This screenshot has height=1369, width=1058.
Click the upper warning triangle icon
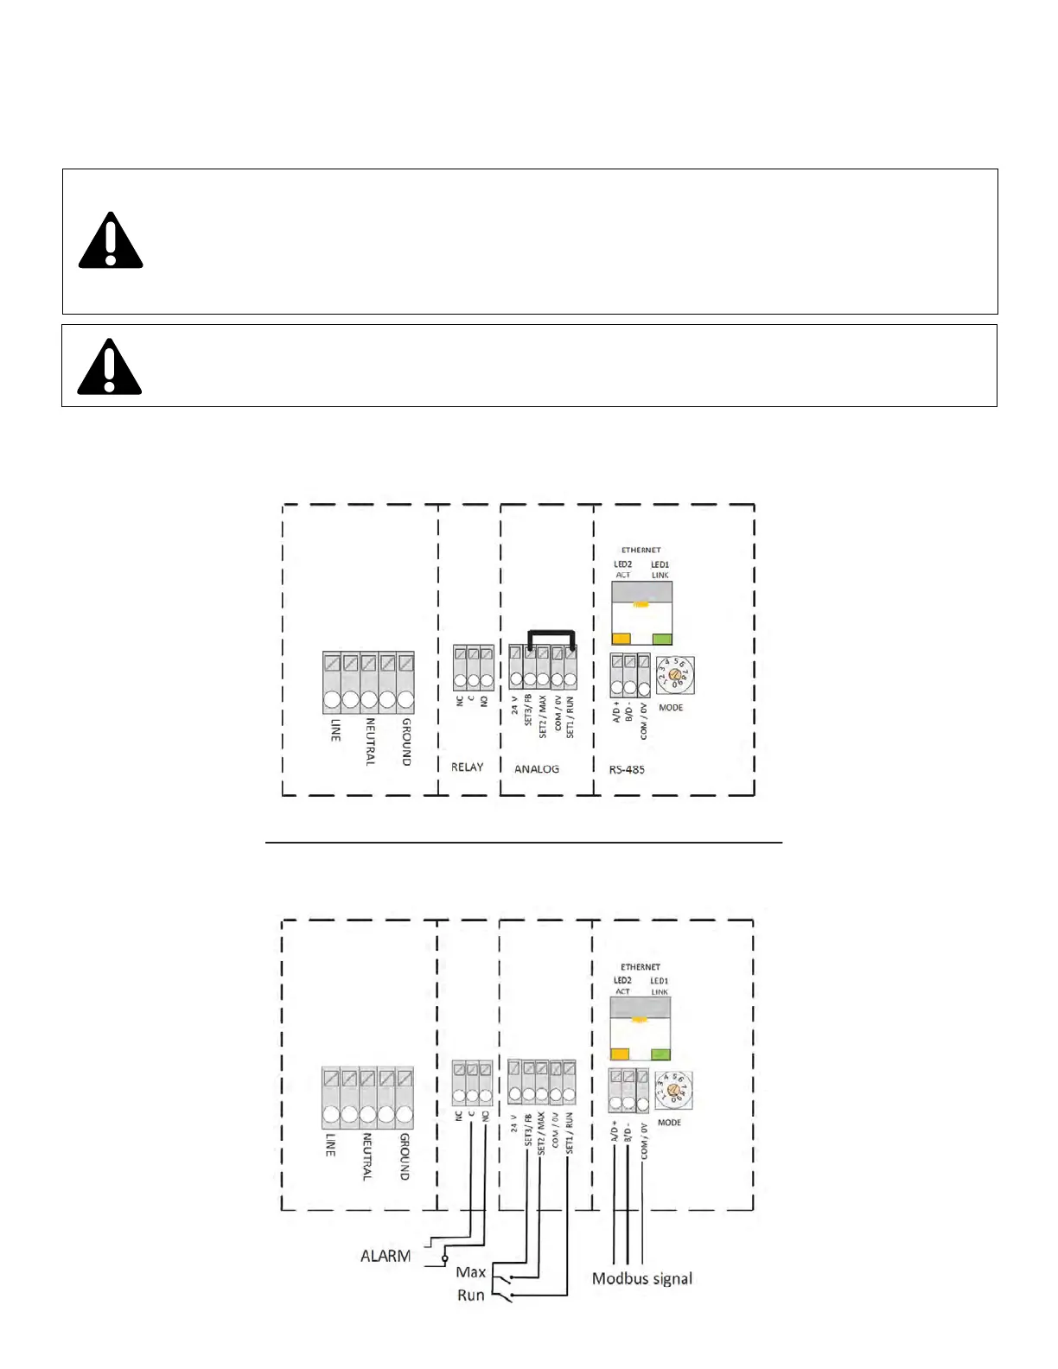[111, 241]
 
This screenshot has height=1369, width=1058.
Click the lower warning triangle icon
[110, 367]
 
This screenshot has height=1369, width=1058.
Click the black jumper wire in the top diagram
[551, 633]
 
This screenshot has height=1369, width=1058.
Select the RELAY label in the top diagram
[468, 767]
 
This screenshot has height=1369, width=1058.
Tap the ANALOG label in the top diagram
[537, 768]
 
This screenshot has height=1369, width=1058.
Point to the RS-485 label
[627, 769]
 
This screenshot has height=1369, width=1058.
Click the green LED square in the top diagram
[662, 640]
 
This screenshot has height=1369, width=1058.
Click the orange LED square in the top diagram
[621, 640]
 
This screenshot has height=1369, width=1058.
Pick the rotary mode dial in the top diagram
[675, 675]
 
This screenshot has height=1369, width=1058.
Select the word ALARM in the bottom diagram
[386, 1256]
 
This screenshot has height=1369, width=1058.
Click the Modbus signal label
[642, 1278]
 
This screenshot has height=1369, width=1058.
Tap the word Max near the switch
[471, 1271]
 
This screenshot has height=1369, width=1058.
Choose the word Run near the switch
[471, 1295]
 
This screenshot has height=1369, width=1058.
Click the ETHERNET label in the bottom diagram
[641, 967]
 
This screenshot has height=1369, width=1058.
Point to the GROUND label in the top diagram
[406, 742]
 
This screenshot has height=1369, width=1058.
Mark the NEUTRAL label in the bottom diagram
[366, 1157]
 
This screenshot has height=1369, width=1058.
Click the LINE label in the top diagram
[335, 730]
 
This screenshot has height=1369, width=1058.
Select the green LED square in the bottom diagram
[660, 1054]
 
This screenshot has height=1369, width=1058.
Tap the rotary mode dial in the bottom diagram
[674, 1091]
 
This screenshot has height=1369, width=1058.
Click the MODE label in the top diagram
[671, 708]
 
